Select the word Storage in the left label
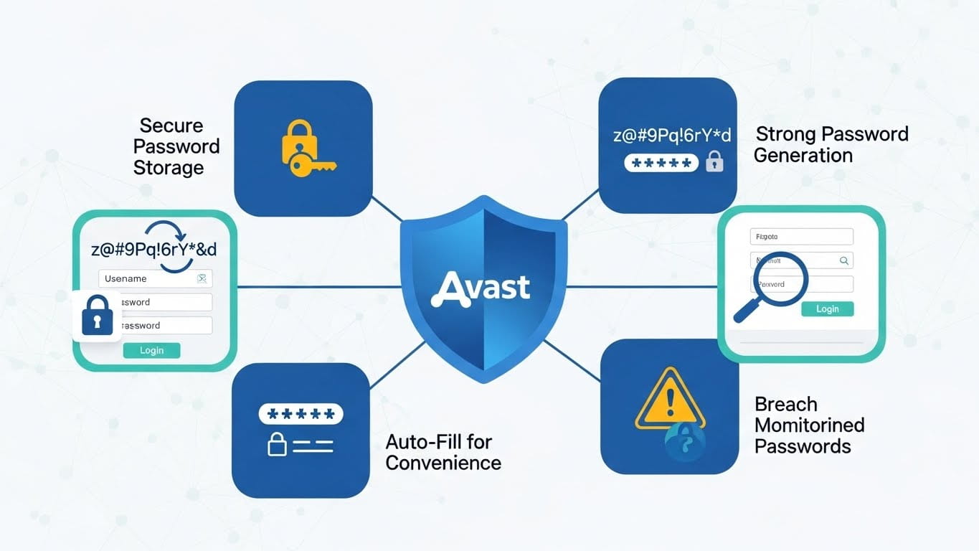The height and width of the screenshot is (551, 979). (x=169, y=168)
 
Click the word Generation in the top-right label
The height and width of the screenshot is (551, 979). (x=803, y=156)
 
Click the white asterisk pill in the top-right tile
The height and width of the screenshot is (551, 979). (x=661, y=163)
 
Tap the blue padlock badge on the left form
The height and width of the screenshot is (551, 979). (x=98, y=315)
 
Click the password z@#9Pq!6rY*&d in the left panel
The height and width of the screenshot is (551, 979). (x=155, y=250)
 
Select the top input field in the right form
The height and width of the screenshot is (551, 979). (x=801, y=237)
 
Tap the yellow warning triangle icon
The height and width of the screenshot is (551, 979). (x=670, y=401)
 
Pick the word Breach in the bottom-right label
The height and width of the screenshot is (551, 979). (x=786, y=404)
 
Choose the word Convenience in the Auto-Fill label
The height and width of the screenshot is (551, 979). (x=443, y=463)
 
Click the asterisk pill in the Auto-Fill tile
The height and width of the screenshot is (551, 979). (x=300, y=414)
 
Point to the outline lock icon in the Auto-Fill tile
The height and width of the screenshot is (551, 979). (x=278, y=445)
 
